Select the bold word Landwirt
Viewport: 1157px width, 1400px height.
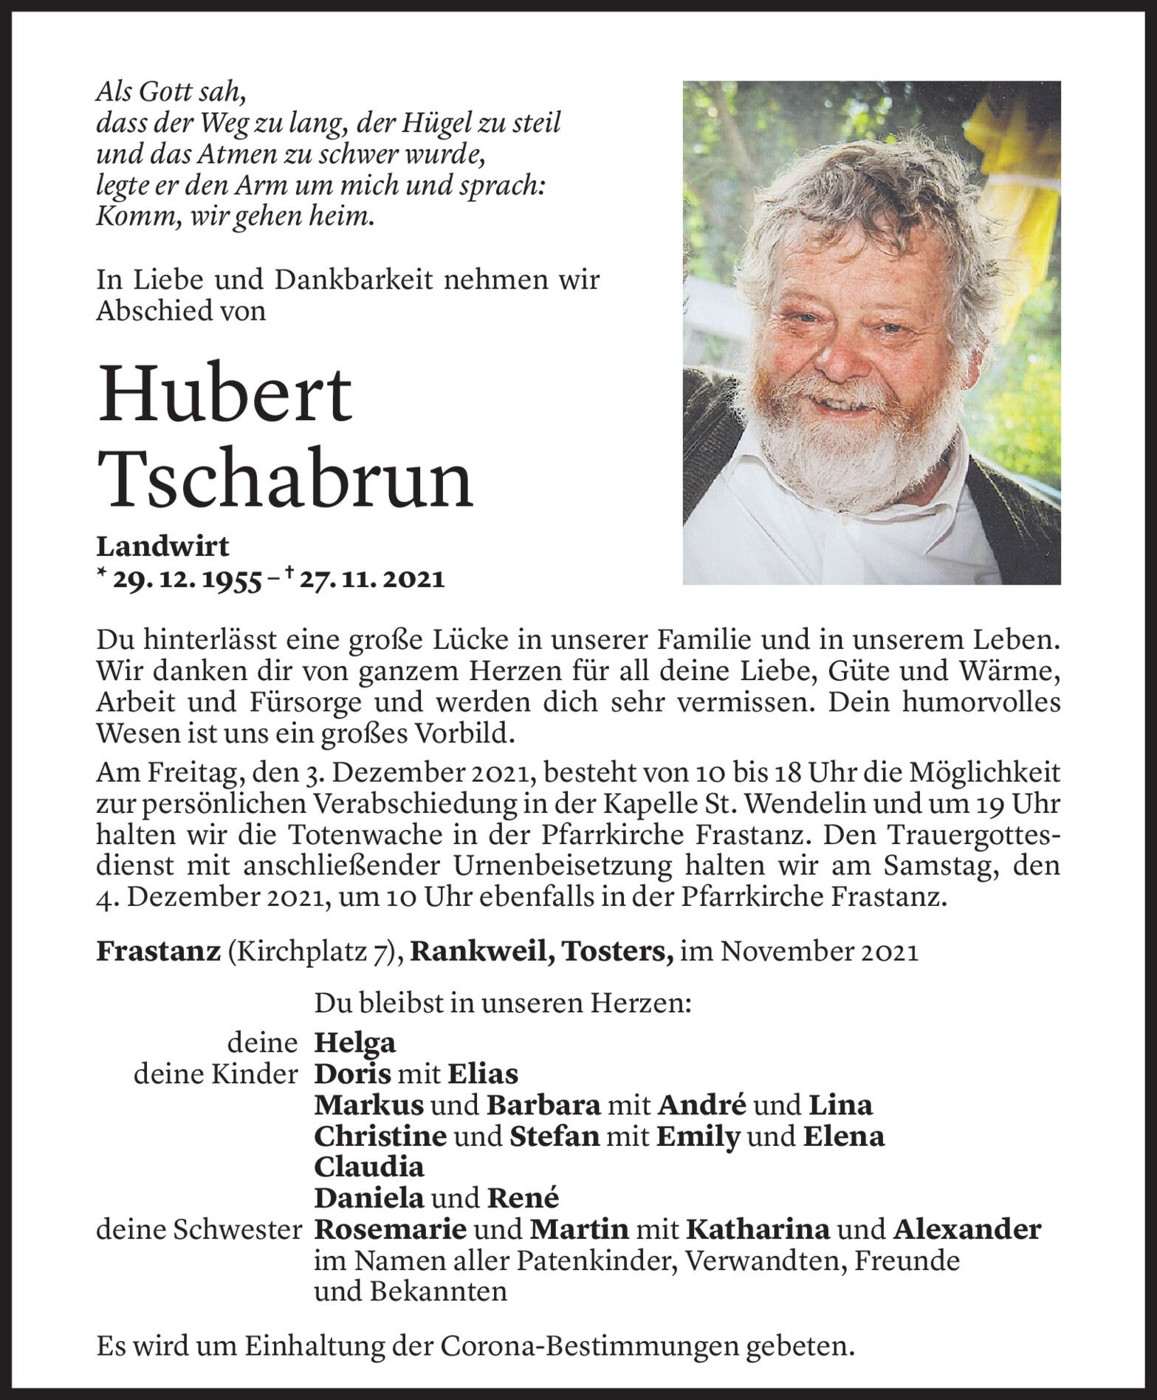162,546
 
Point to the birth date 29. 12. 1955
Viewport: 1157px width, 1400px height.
187,579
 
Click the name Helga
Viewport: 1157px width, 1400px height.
355,1043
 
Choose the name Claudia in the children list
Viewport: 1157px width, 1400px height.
369,1167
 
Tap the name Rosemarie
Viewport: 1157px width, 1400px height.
391,1229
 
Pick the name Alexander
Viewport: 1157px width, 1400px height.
967,1229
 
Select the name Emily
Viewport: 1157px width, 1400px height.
698,1136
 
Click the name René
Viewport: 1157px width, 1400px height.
522,1198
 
